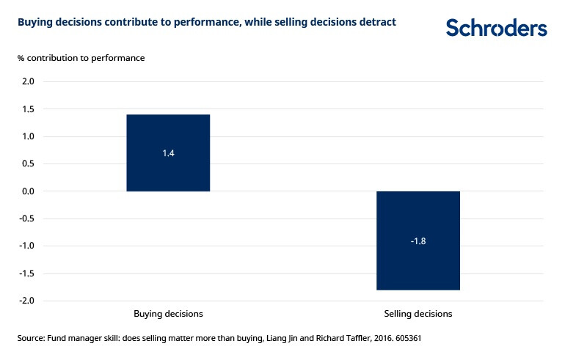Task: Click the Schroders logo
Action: click(x=496, y=28)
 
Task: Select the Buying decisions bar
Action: click(x=168, y=153)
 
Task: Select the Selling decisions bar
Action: click(x=418, y=240)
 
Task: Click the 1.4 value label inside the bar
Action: click(x=168, y=153)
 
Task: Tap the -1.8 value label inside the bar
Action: click(x=418, y=241)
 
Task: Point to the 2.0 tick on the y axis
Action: click(x=27, y=81)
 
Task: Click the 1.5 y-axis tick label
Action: click(x=27, y=109)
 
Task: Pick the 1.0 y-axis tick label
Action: click(x=27, y=136)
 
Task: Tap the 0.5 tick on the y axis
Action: click(x=27, y=164)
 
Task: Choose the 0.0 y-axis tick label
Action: click(x=27, y=191)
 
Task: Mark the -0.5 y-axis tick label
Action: click(x=26, y=218)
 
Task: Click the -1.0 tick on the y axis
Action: click(x=26, y=246)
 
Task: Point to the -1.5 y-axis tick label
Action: click(x=26, y=273)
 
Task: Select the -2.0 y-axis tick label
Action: click(x=26, y=301)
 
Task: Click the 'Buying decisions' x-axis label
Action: click(x=168, y=314)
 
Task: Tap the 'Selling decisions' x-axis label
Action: click(x=418, y=314)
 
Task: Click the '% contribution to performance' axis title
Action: click(x=81, y=58)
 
